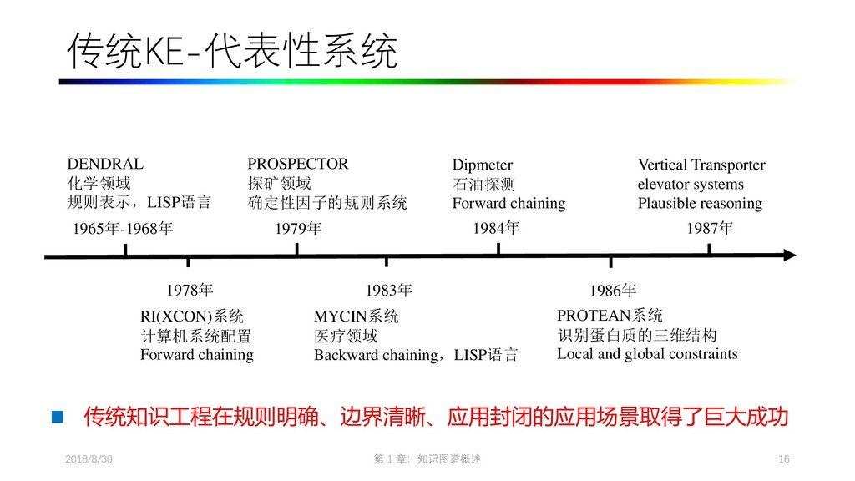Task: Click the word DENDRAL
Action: (105, 164)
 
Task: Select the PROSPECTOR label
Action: (297, 164)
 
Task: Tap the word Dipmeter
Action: (483, 165)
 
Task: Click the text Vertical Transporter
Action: (701, 165)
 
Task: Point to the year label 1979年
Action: (298, 228)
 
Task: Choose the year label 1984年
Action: (496, 227)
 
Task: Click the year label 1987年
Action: (710, 228)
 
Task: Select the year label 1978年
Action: (190, 290)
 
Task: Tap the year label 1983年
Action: (389, 290)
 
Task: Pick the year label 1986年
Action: (613, 291)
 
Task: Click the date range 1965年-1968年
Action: (123, 228)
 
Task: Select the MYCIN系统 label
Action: (357, 316)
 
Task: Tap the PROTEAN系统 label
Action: (610, 316)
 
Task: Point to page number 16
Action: (783, 460)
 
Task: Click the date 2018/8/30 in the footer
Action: (89, 460)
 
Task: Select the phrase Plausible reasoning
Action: (700, 203)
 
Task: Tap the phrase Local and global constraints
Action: (647, 353)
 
